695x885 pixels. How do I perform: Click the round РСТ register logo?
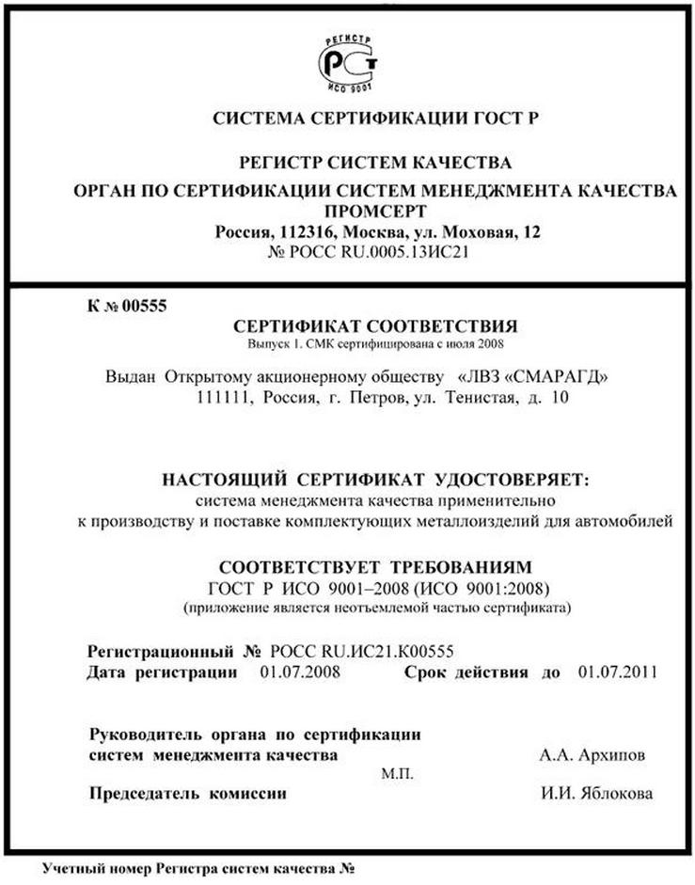[347, 62]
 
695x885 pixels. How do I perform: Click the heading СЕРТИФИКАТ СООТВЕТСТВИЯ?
[374, 326]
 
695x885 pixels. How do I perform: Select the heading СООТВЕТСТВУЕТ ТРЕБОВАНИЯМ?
[374, 568]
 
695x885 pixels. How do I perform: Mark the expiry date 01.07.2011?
[617, 672]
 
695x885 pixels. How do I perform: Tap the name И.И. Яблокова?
[596, 795]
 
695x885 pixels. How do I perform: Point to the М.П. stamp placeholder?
[395, 774]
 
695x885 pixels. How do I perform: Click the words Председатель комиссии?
[187, 795]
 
